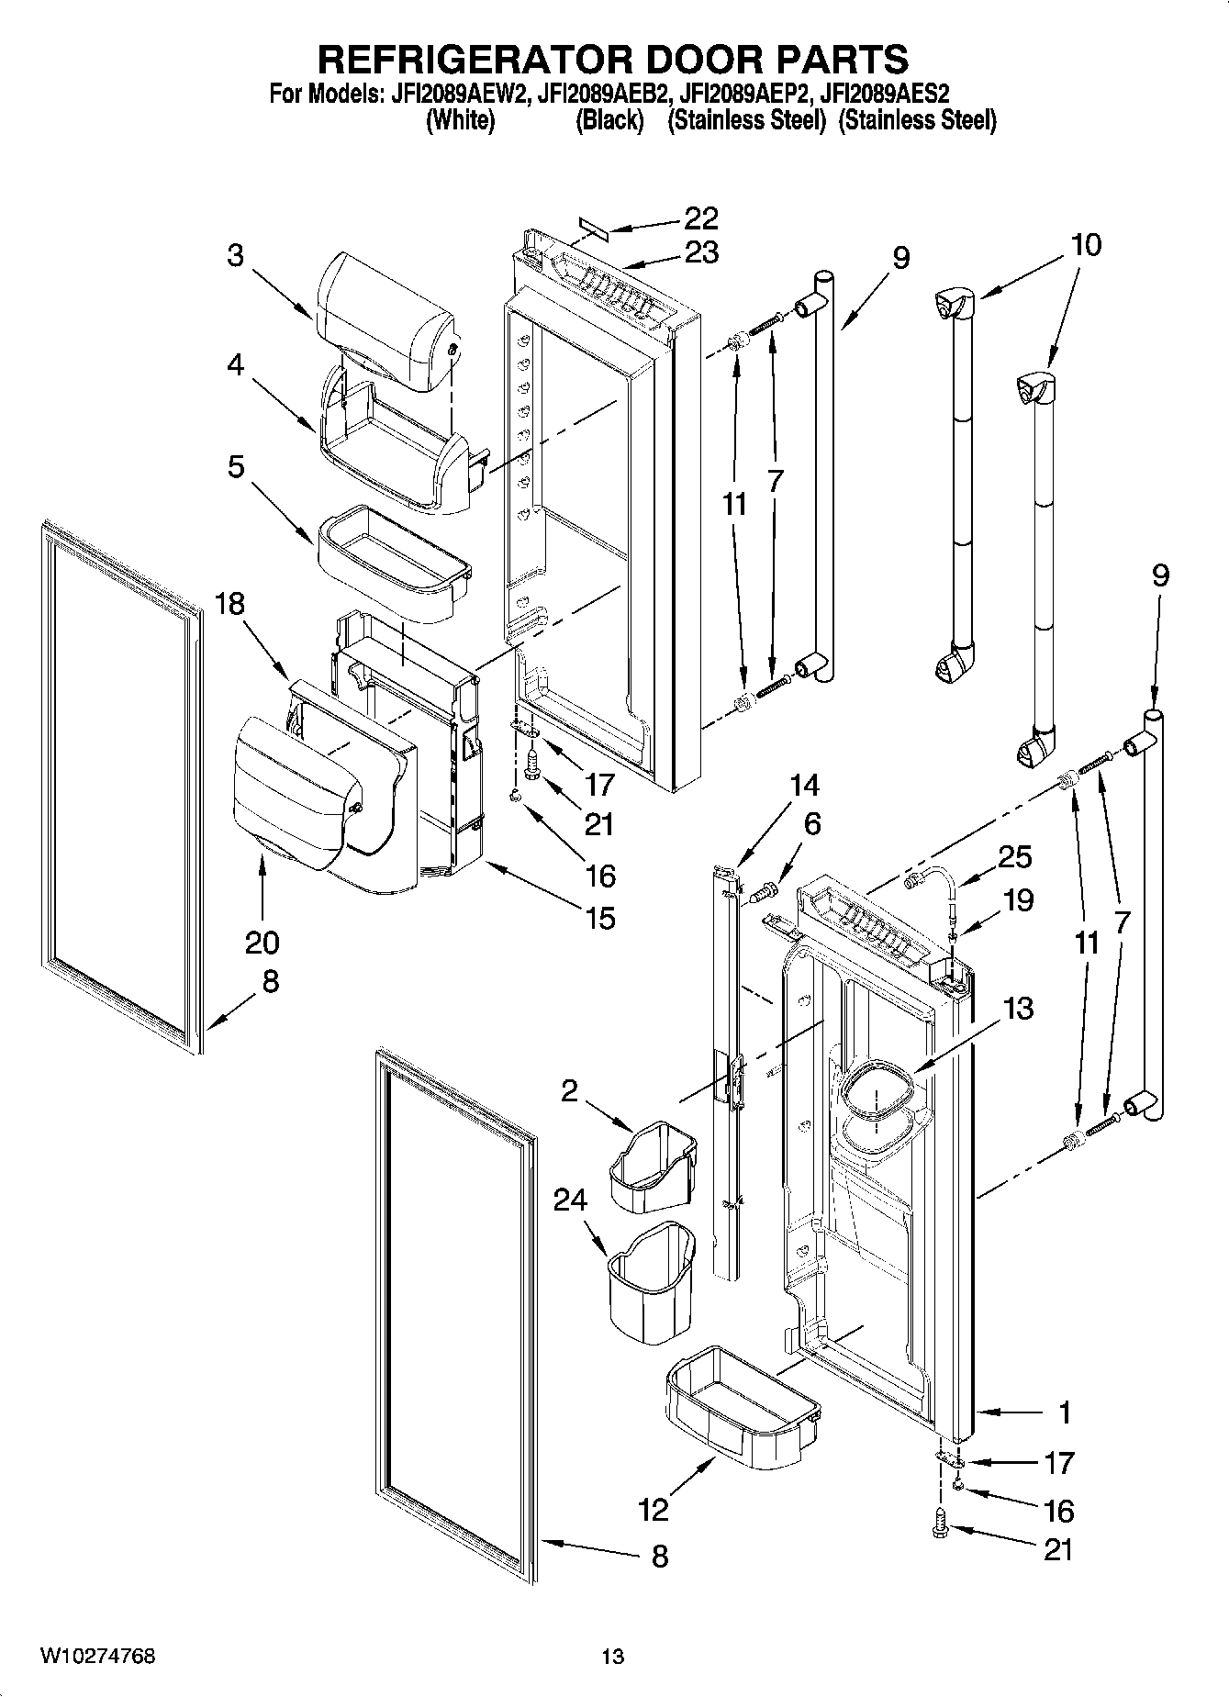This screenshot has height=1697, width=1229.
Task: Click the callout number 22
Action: coord(700,218)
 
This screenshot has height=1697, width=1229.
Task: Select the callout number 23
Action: coord(700,251)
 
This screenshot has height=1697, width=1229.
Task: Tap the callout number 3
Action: coord(236,254)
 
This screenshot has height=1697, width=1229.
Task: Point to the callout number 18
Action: coord(230,604)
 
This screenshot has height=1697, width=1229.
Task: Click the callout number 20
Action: coord(262,943)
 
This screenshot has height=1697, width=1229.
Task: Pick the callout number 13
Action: coord(1018,1008)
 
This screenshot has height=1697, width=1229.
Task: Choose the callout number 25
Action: coord(1014,856)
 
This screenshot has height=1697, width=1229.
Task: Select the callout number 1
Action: coord(1064,1412)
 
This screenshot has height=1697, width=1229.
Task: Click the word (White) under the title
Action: coord(461,120)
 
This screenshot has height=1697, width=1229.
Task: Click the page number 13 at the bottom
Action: coord(613,1657)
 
